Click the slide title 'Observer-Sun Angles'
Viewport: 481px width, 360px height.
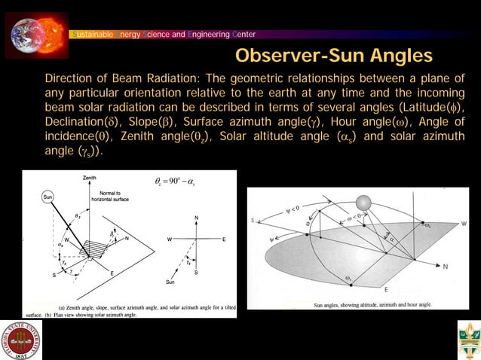click(x=334, y=56)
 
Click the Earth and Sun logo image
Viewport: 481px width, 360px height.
click(x=36, y=31)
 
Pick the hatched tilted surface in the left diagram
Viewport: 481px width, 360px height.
click(x=96, y=248)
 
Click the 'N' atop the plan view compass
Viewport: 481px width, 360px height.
click(x=196, y=218)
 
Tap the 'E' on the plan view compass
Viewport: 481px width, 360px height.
click(x=224, y=239)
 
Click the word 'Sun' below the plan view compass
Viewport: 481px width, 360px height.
click(x=170, y=282)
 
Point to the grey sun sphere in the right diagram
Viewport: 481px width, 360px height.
click(x=363, y=203)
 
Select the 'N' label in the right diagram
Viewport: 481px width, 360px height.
click(x=445, y=267)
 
